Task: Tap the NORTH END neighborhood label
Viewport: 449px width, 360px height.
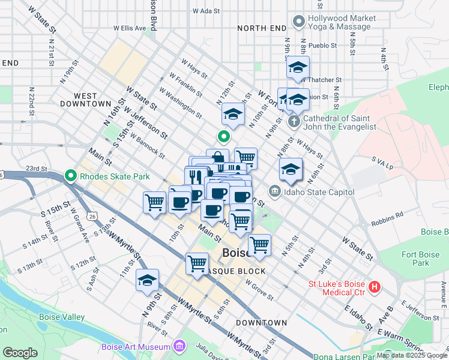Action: (x=262, y=28)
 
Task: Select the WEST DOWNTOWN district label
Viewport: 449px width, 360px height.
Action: (x=85, y=100)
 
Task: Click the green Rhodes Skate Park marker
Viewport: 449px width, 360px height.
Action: (x=70, y=176)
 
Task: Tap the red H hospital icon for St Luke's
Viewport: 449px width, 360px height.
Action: (x=375, y=287)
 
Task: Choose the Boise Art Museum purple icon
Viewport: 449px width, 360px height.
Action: (x=178, y=346)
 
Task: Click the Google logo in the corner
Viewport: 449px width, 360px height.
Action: (x=20, y=353)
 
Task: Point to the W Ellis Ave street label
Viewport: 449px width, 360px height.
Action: (x=130, y=28)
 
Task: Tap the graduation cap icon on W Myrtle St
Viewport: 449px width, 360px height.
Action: (x=147, y=280)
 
